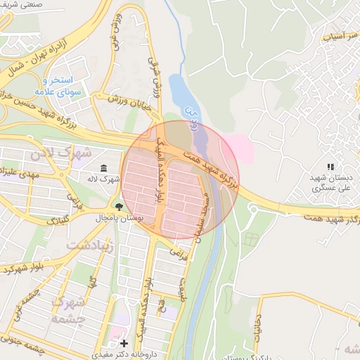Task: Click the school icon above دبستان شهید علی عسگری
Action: click(x=329, y=167)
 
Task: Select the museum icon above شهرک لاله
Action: click(x=103, y=168)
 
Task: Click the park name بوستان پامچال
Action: click(x=119, y=219)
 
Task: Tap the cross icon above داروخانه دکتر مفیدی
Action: click(x=124, y=343)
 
